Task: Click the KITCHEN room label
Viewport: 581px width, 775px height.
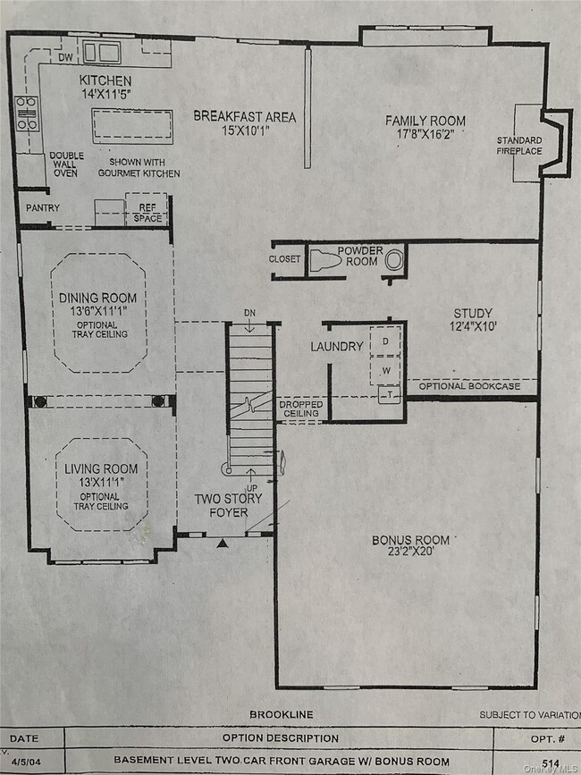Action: coord(105,81)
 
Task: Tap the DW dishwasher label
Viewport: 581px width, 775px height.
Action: coord(64,58)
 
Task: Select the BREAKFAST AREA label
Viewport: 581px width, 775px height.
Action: coord(244,117)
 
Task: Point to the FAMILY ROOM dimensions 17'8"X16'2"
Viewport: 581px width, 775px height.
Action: coord(425,137)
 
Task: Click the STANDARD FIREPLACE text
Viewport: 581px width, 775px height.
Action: coord(519,147)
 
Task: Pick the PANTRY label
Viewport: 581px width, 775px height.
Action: coord(42,208)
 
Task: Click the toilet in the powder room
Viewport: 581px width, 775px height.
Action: coord(329,260)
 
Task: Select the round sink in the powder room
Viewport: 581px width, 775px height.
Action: coord(394,260)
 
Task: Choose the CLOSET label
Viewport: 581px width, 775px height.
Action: coord(284,259)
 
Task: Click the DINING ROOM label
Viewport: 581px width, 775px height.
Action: coord(98,298)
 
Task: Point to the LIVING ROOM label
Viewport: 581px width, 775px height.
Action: coord(101,469)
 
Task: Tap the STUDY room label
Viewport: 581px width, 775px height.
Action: coord(473,314)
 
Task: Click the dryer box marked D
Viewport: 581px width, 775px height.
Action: coord(386,341)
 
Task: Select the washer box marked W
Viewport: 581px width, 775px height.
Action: coord(386,369)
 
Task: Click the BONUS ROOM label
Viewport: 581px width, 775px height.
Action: coord(411,540)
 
